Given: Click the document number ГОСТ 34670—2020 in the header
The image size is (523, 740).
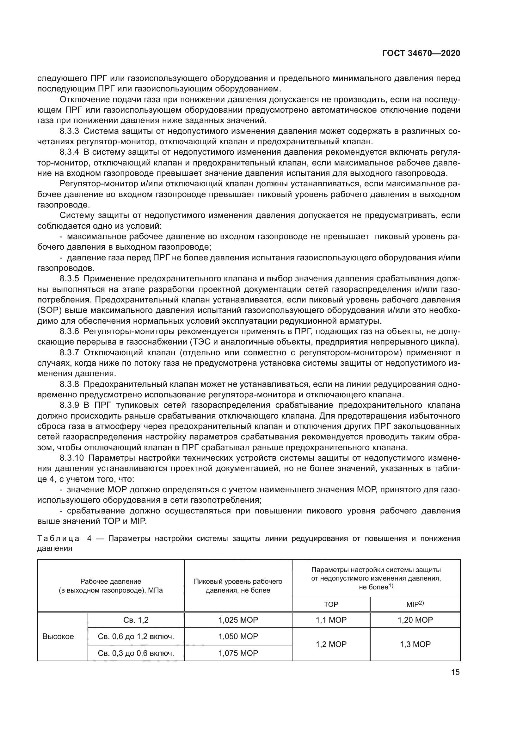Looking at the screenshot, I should pos(421,53).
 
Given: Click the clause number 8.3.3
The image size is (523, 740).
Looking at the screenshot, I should pos(69,131).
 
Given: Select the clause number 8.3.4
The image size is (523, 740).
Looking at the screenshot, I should pos(69,152).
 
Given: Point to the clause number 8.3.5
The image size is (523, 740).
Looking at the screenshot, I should pos(69,278).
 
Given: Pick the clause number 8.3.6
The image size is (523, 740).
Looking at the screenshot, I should pos(69,331).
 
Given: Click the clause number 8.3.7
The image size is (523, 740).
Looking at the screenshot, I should pos(69,352).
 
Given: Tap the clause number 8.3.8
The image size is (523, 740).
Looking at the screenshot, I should pos(69,384).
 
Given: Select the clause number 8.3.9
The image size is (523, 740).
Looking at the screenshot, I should pos(69,405).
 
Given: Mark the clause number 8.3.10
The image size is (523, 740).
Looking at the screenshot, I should pos(71,458).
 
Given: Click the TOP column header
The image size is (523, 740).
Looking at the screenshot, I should pos(331,605).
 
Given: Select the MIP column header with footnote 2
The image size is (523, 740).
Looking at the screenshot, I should pos(415,604).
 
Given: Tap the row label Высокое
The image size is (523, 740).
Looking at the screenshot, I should pos(58,637).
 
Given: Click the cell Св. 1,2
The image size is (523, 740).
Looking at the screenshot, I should pos(136,620).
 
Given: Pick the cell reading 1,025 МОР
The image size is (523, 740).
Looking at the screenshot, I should pos(238,620).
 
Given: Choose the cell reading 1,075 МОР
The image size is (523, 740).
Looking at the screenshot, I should pos(238,653).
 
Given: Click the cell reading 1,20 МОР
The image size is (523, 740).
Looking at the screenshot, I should pos(415,620).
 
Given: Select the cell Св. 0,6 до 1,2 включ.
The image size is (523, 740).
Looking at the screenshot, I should pos(136,637).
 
